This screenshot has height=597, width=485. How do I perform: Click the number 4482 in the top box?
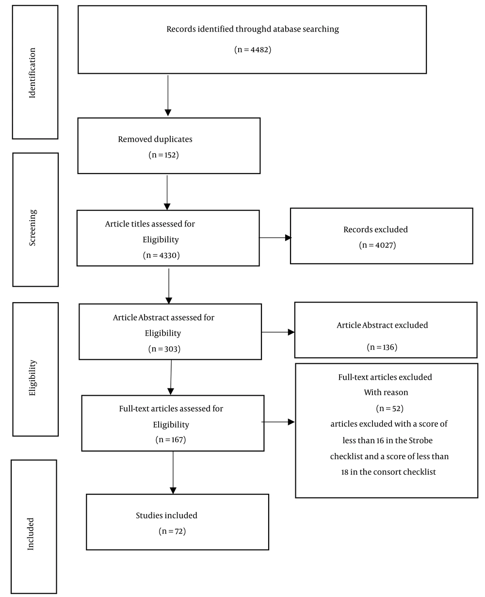259,49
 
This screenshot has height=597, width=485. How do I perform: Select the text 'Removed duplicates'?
155,139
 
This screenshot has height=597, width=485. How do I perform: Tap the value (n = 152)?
164,155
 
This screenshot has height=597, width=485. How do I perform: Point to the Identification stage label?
32,73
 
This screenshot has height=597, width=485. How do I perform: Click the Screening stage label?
32,227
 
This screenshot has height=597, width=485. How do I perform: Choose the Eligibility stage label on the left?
32,377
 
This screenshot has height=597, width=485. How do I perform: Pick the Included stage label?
30,534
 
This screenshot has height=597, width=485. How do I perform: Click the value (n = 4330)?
161,255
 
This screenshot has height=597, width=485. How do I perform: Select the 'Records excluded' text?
375,229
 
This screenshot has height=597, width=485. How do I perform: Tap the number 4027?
384,245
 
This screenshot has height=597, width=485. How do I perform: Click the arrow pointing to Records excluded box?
275,238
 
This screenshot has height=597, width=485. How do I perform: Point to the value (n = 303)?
164,349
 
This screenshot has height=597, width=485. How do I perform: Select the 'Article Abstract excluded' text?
382,325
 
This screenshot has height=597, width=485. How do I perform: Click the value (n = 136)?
382,347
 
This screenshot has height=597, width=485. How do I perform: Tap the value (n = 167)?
171,439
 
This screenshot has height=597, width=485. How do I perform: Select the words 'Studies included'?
166,515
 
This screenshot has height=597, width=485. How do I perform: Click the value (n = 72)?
172,531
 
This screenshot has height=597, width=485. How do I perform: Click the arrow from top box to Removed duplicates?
168,96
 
